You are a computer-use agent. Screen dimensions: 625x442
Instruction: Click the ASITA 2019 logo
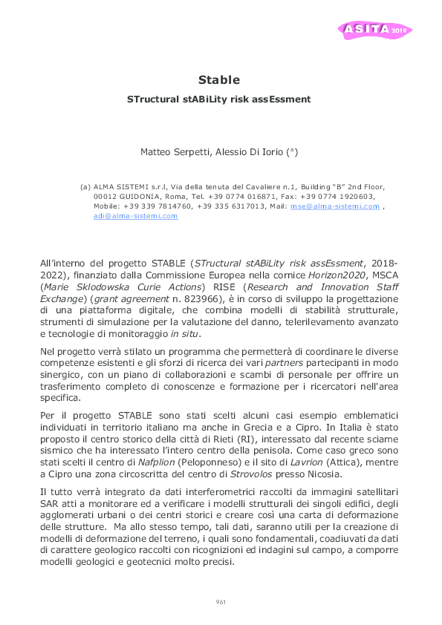click(375, 30)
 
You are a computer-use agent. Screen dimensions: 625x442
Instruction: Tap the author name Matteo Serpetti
click(173, 152)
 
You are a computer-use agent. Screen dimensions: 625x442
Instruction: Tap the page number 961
click(221, 601)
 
